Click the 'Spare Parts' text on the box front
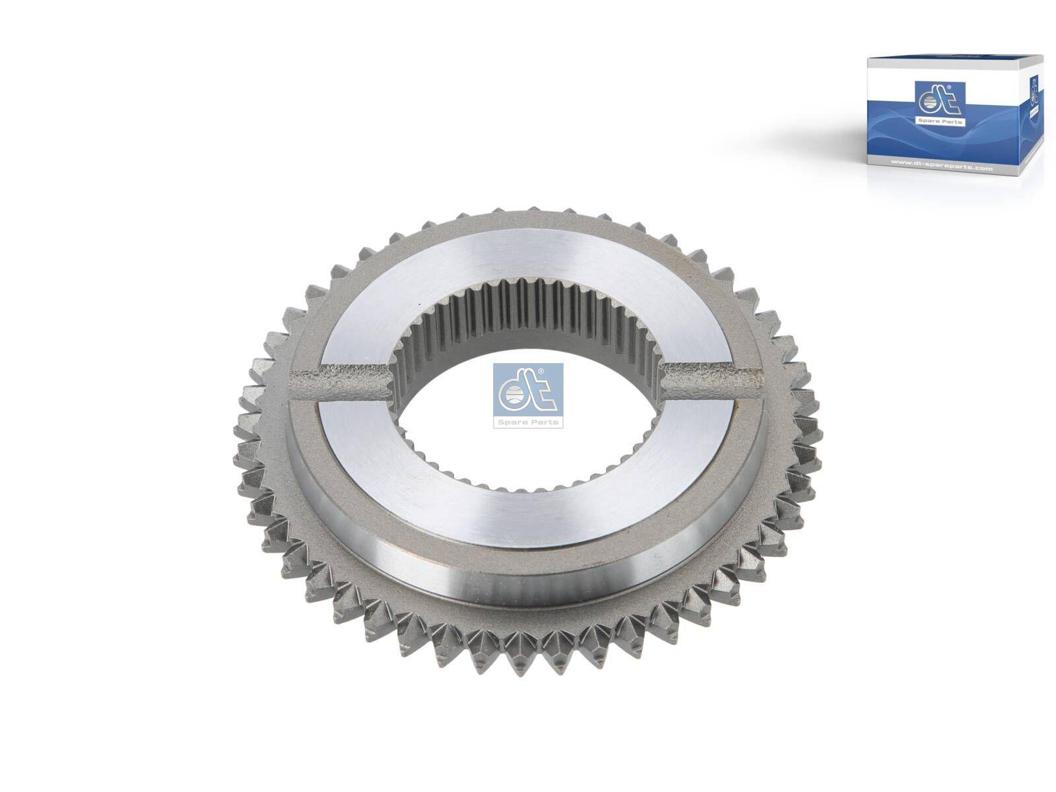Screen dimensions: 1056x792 point(940,121)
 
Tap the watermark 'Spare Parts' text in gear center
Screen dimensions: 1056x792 point(528,422)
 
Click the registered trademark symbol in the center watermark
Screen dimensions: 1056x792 point(541,374)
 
